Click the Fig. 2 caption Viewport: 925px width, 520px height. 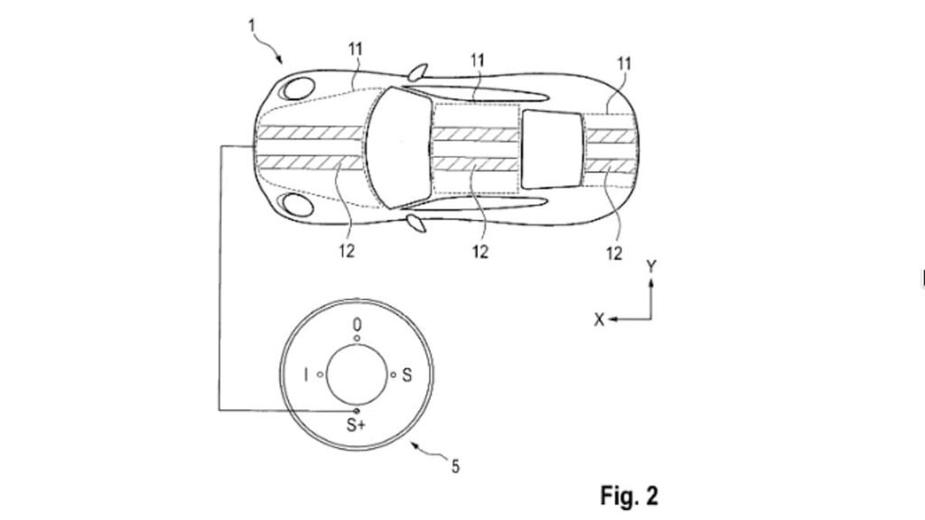(629, 495)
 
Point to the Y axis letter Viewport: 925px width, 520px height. (651, 266)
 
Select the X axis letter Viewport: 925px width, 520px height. (599, 320)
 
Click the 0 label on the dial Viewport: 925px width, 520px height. (358, 323)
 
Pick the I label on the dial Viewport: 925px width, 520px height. (306, 375)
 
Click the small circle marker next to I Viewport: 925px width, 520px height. (320, 374)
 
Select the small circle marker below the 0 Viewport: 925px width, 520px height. (358, 339)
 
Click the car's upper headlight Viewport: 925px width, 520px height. (296, 88)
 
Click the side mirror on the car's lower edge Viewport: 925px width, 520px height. (416, 221)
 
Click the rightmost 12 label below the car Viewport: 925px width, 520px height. (614, 254)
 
